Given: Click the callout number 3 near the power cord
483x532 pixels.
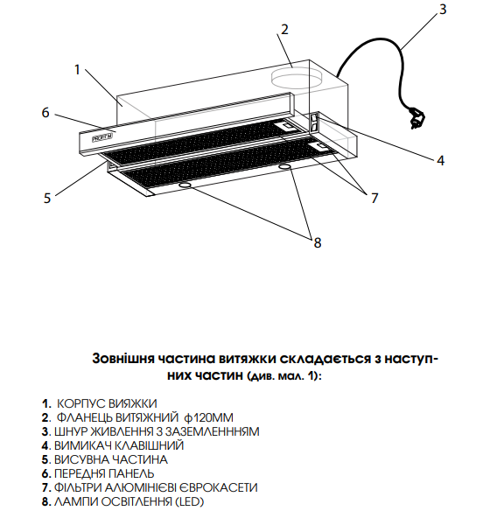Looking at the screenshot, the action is click(442, 9).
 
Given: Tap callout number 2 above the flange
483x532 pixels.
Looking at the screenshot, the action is click(284, 30).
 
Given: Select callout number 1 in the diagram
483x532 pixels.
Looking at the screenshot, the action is click(77, 69).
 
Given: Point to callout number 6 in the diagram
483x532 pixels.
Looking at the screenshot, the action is click(45, 112).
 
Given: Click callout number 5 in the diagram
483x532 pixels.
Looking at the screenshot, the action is click(46, 198).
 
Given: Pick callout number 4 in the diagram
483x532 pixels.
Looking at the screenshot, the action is click(440, 160).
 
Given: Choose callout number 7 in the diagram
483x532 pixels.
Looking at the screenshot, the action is click(374, 198).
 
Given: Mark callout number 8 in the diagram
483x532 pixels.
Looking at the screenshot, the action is click(317, 242).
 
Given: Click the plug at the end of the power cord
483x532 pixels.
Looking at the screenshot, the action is click(416, 118).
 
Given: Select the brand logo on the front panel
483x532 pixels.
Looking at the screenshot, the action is click(103, 137).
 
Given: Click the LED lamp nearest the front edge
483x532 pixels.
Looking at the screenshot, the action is click(185, 185).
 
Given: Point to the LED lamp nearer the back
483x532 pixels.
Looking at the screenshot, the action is click(285, 166).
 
